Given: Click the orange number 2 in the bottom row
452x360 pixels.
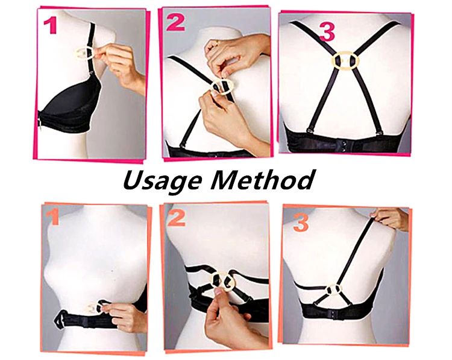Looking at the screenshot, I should [177, 219].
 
